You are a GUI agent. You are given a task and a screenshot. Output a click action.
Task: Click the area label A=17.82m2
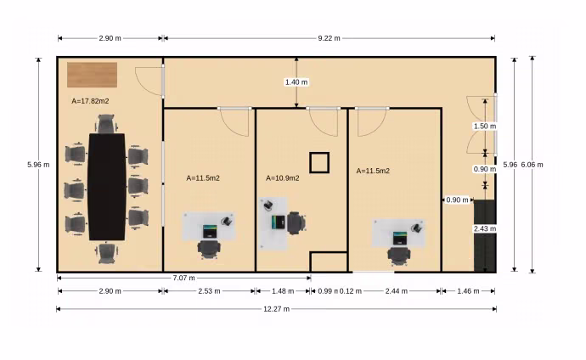[x=90, y=101]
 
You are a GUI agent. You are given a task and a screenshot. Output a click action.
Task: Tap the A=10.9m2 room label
[x=283, y=178]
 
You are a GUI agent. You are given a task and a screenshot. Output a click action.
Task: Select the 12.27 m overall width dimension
[x=277, y=309]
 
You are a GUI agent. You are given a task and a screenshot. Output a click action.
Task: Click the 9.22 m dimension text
[x=330, y=38]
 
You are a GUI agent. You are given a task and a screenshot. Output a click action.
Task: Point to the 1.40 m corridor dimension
[x=296, y=82]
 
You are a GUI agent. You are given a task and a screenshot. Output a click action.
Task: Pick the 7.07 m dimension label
[x=184, y=278]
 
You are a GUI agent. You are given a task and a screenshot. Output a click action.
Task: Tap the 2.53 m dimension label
[x=209, y=291]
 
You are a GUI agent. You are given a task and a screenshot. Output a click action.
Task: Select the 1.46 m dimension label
[x=468, y=291]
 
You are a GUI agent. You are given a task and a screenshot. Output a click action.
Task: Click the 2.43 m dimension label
[x=485, y=228]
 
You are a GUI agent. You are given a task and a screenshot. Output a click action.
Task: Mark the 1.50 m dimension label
[x=485, y=127]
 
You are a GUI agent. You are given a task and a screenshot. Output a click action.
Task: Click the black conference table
[x=107, y=187]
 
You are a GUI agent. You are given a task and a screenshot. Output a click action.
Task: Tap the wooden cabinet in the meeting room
[x=92, y=75]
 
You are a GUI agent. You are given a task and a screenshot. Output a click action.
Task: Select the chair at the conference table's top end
[x=107, y=124]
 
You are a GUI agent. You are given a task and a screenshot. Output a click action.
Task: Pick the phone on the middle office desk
[x=268, y=205]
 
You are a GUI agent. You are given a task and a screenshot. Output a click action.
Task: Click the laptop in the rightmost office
[x=400, y=239]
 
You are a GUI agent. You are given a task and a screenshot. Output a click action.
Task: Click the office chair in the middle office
[x=296, y=223]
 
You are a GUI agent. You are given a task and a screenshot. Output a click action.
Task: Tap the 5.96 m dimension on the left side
[x=38, y=165]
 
